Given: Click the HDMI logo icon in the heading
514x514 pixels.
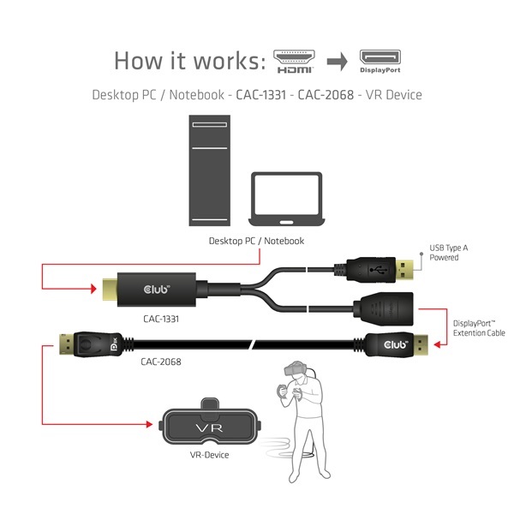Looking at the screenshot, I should click(x=294, y=60).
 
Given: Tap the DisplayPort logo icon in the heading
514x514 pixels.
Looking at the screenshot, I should click(x=380, y=60).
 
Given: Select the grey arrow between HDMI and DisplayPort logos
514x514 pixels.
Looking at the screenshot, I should click(x=338, y=61).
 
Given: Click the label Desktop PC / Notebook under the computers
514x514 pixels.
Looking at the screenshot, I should click(x=256, y=241).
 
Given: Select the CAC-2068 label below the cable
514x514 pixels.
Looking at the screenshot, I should click(x=160, y=362).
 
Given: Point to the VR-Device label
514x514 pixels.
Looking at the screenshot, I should click(x=209, y=455).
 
